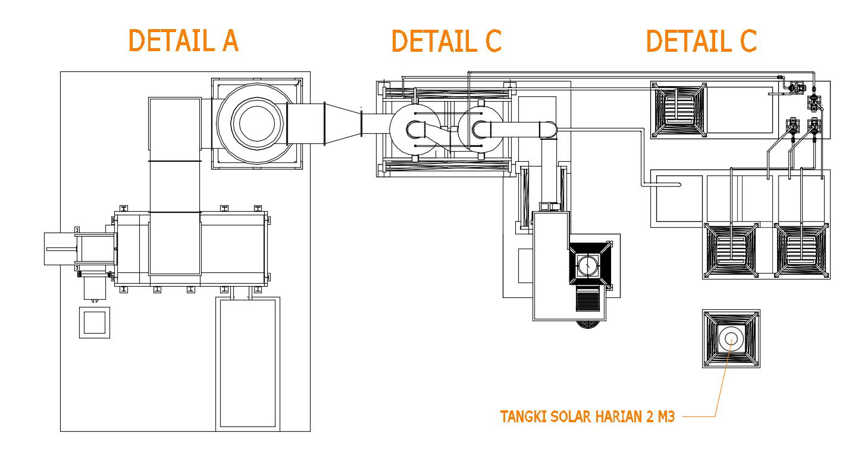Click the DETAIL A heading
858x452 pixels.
point(183,41)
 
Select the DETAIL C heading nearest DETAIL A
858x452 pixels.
point(446,41)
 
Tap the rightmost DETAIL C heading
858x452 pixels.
point(701,41)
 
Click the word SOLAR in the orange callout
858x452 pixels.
point(559,417)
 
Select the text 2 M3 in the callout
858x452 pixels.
point(659,417)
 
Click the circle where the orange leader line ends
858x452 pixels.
point(731,338)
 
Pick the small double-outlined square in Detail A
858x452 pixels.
point(95,322)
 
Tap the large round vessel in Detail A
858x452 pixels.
point(256,123)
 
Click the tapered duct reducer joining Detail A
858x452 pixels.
point(342,123)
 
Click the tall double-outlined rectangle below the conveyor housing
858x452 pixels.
point(247,363)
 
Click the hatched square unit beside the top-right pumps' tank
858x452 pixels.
point(678,111)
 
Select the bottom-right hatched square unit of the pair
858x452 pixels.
point(801,250)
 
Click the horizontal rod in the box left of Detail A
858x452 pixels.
point(60,248)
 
